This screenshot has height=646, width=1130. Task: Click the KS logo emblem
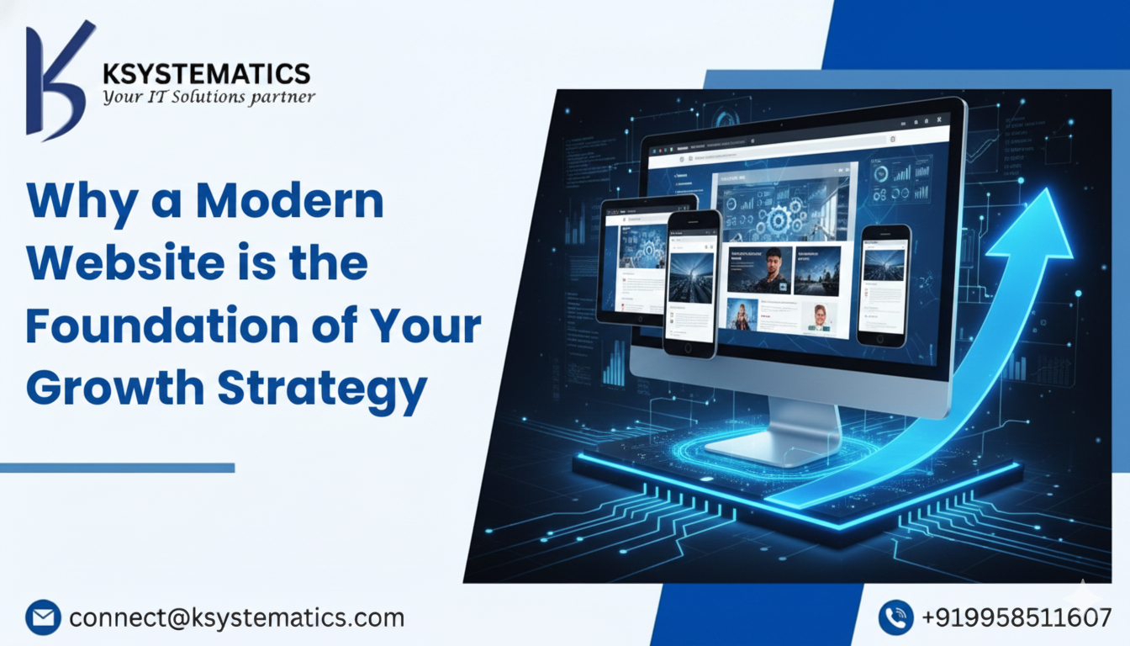[57, 80]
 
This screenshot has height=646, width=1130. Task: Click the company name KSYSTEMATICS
[206, 73]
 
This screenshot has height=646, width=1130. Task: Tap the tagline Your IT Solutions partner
[209, 97]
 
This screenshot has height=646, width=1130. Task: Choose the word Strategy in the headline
[323, 388]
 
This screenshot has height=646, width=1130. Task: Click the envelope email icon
[43, 617]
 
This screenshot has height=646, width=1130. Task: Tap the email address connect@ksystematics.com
[236, 618]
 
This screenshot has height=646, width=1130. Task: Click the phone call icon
[895, 617]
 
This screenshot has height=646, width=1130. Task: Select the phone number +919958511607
[1016, 618]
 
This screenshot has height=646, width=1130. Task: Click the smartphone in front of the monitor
[692, 282]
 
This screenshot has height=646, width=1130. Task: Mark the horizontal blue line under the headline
[117, 468]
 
